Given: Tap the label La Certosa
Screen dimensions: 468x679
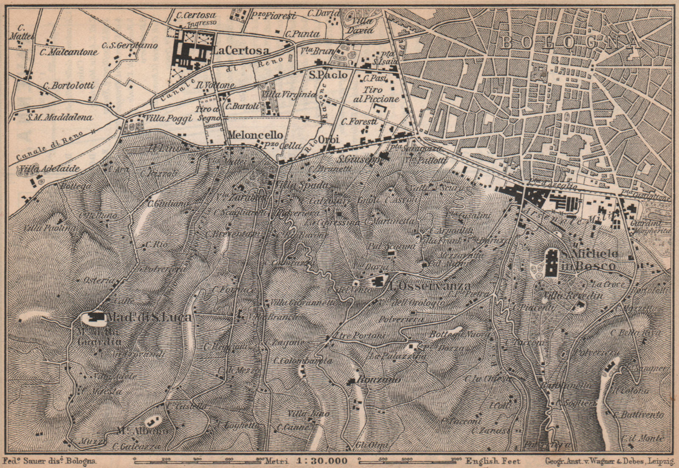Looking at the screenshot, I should click(241, 51).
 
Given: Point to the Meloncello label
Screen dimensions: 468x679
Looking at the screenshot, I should click(255, 135).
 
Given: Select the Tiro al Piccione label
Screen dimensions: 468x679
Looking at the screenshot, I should click(376, 94).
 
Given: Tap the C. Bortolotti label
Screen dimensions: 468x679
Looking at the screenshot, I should click(68, 85).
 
